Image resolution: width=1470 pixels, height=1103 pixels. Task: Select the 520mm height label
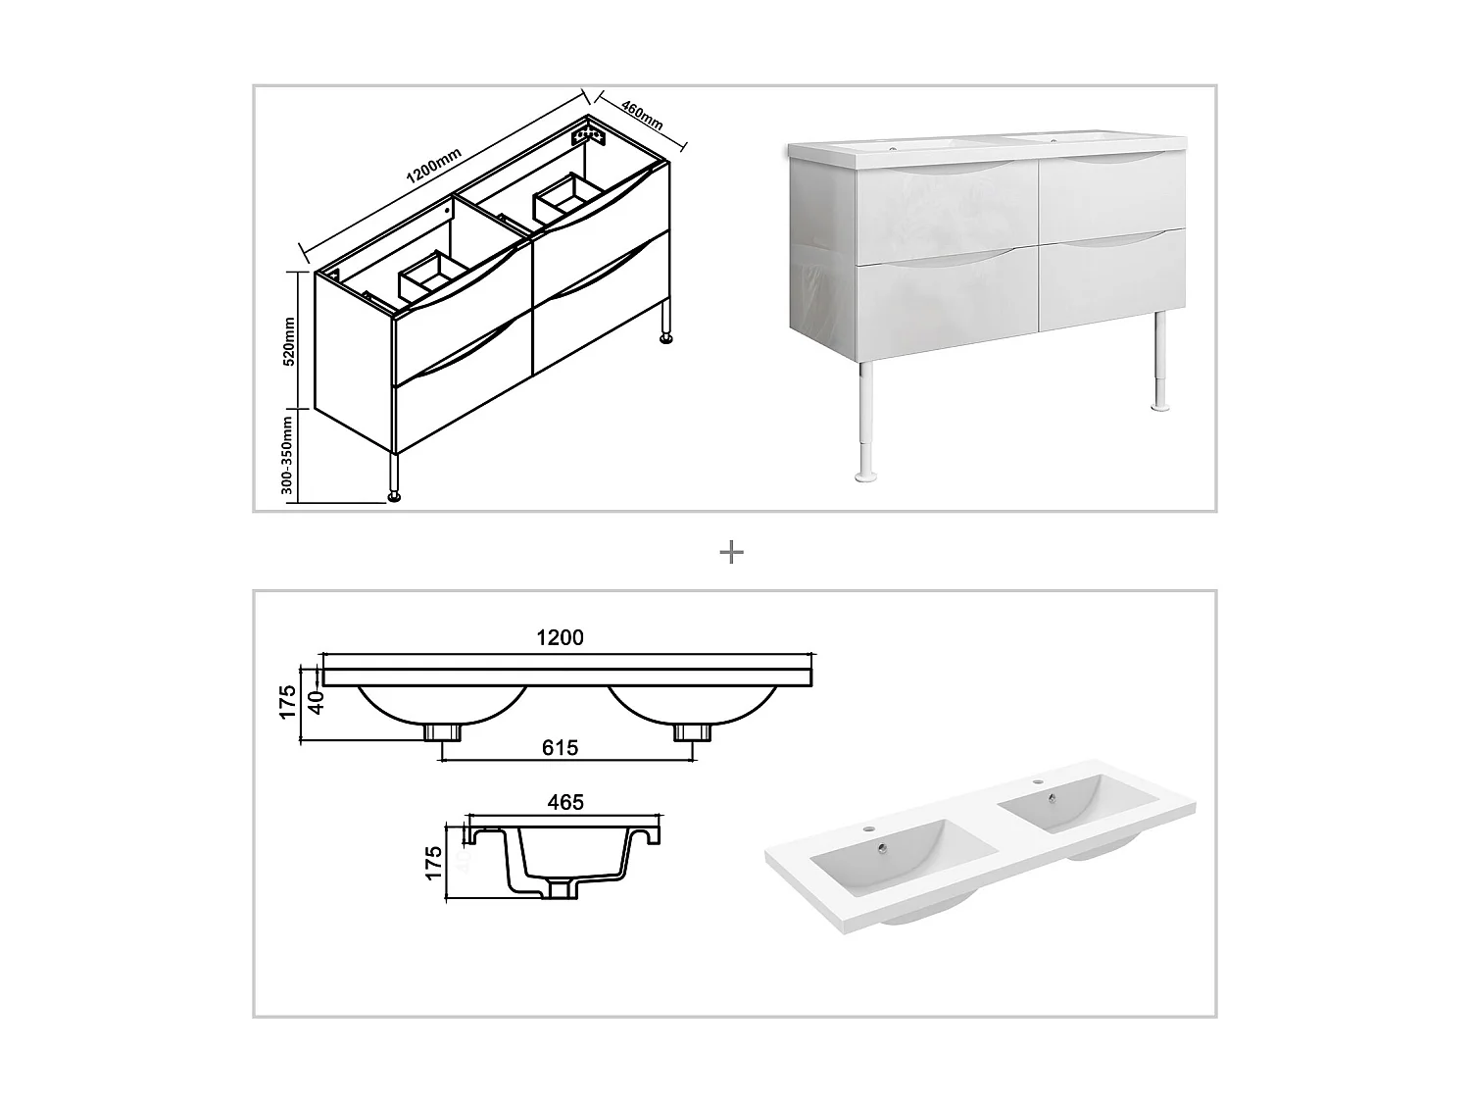(x=289, y=341)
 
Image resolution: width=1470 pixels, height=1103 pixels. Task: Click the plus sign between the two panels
(x=731, y=552)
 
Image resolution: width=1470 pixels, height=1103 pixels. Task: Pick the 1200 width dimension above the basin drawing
(x=560, y=637)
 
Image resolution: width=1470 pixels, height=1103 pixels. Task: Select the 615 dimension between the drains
(x=560, y=747)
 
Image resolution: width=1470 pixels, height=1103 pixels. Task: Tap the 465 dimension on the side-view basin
(x=565, y=802)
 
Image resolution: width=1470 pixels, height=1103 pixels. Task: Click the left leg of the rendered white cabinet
(x=866, y=422)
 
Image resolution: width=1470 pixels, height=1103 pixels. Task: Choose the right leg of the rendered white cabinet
(x=1160, y=362)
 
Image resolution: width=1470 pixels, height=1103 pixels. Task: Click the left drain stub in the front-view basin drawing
(x=442, y=732)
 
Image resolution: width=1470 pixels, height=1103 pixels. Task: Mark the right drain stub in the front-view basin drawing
(x=692, y=732)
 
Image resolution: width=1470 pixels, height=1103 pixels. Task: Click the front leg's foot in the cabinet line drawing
(x=395, y=497)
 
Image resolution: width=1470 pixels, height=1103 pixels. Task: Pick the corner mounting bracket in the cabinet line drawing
(x=589, y=132)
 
